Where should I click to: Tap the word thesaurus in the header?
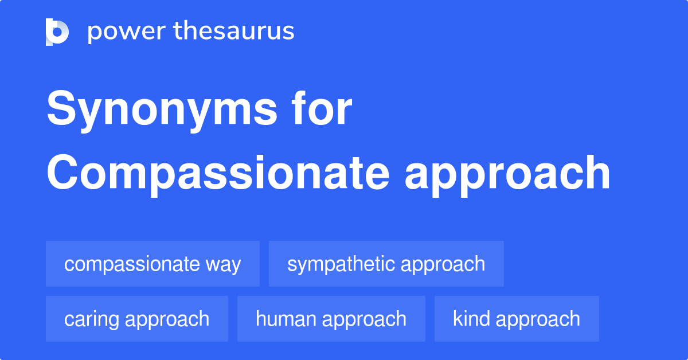(x=234, y=31)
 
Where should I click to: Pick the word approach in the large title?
(x=507, y=174)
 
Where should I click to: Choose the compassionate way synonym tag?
(x=153, y=264)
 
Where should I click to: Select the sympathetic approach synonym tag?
(x=386, y=264)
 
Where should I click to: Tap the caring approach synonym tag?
(x=136, y=319)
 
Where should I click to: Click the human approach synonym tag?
(x=331, y=319)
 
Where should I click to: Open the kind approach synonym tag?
(x=516, y=319)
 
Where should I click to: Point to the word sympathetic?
(x=341, y=264)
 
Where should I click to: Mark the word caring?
(x=91, y=319)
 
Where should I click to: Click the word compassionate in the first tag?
(x=132, y=264)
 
